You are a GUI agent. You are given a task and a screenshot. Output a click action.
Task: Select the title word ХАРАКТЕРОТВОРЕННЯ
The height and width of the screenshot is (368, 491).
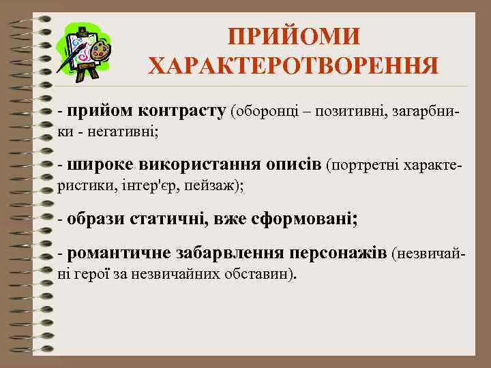pyautogui.click(x=293, y=67)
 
